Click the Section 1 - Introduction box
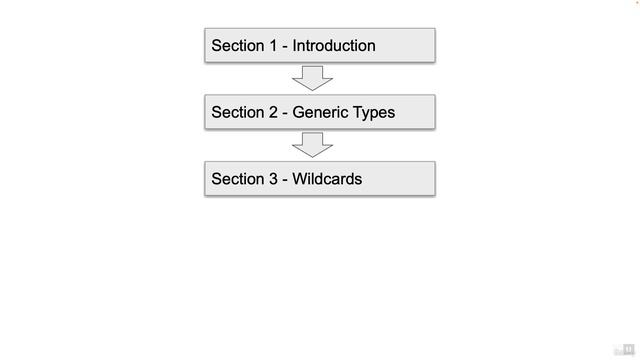320,46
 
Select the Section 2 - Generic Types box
320,112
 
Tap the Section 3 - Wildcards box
320,179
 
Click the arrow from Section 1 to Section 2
313,78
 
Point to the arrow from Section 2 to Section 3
313,145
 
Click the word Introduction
334,46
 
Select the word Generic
320,112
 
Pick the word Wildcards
327,179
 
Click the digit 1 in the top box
272,46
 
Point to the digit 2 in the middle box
272,112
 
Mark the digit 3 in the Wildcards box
272,179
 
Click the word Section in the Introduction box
237,46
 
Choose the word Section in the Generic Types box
237,112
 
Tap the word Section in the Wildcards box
237,179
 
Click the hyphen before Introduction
285,47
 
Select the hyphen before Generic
285,113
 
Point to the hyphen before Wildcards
285,180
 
